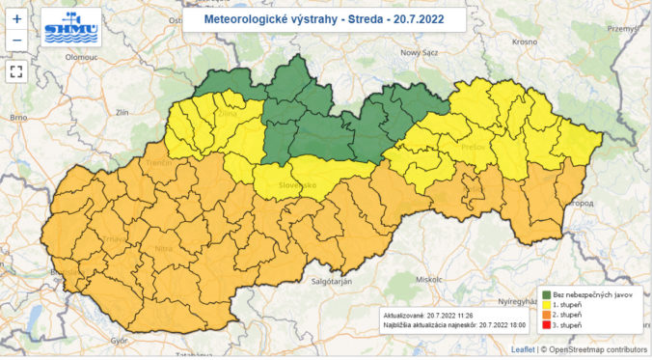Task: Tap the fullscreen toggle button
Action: point(17,70)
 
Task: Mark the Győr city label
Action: point(120,341)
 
